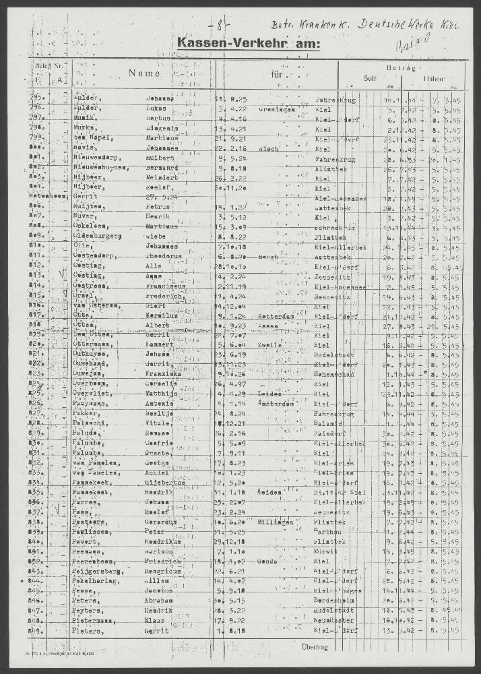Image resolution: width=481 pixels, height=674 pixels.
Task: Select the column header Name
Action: tap(144, 73)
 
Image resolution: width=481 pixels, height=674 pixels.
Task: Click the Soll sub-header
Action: tap(370, 78)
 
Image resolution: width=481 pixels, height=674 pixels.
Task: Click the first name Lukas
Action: tap(158, 109)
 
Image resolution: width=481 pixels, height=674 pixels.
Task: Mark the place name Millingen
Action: tap(275, 522)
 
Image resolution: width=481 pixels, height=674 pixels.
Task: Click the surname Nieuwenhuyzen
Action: tap(102, 166)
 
